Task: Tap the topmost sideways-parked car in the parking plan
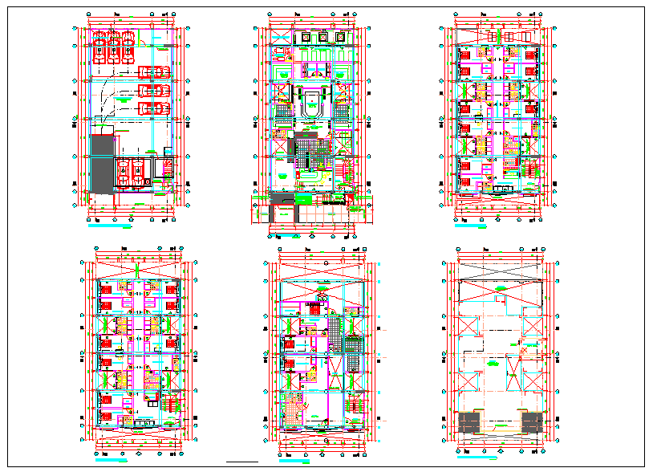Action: pos(152,71)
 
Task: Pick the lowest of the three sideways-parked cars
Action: pos(152,108)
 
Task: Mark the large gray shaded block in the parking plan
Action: pos(102,164)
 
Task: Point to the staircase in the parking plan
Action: pos(168,169)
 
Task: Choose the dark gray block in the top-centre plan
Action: pos(292,147)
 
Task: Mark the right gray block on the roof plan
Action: pos(531,423)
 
